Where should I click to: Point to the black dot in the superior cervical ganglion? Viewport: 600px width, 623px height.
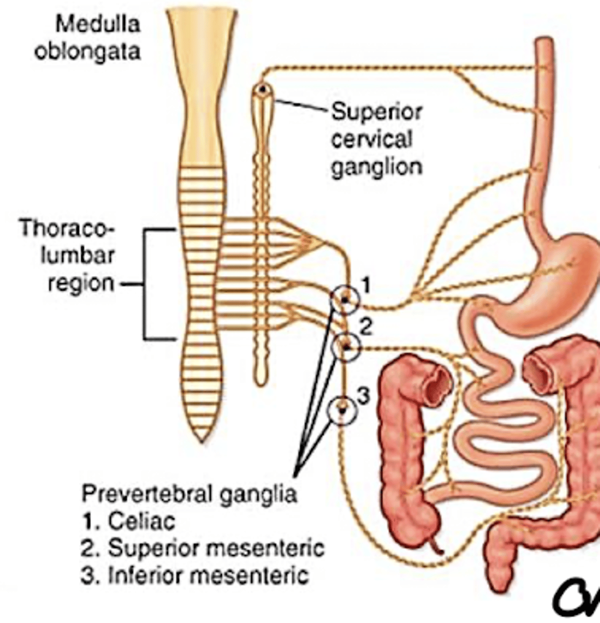(x=263, y=89)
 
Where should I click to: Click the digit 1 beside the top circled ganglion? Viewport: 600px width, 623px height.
(x=365, y=285)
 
